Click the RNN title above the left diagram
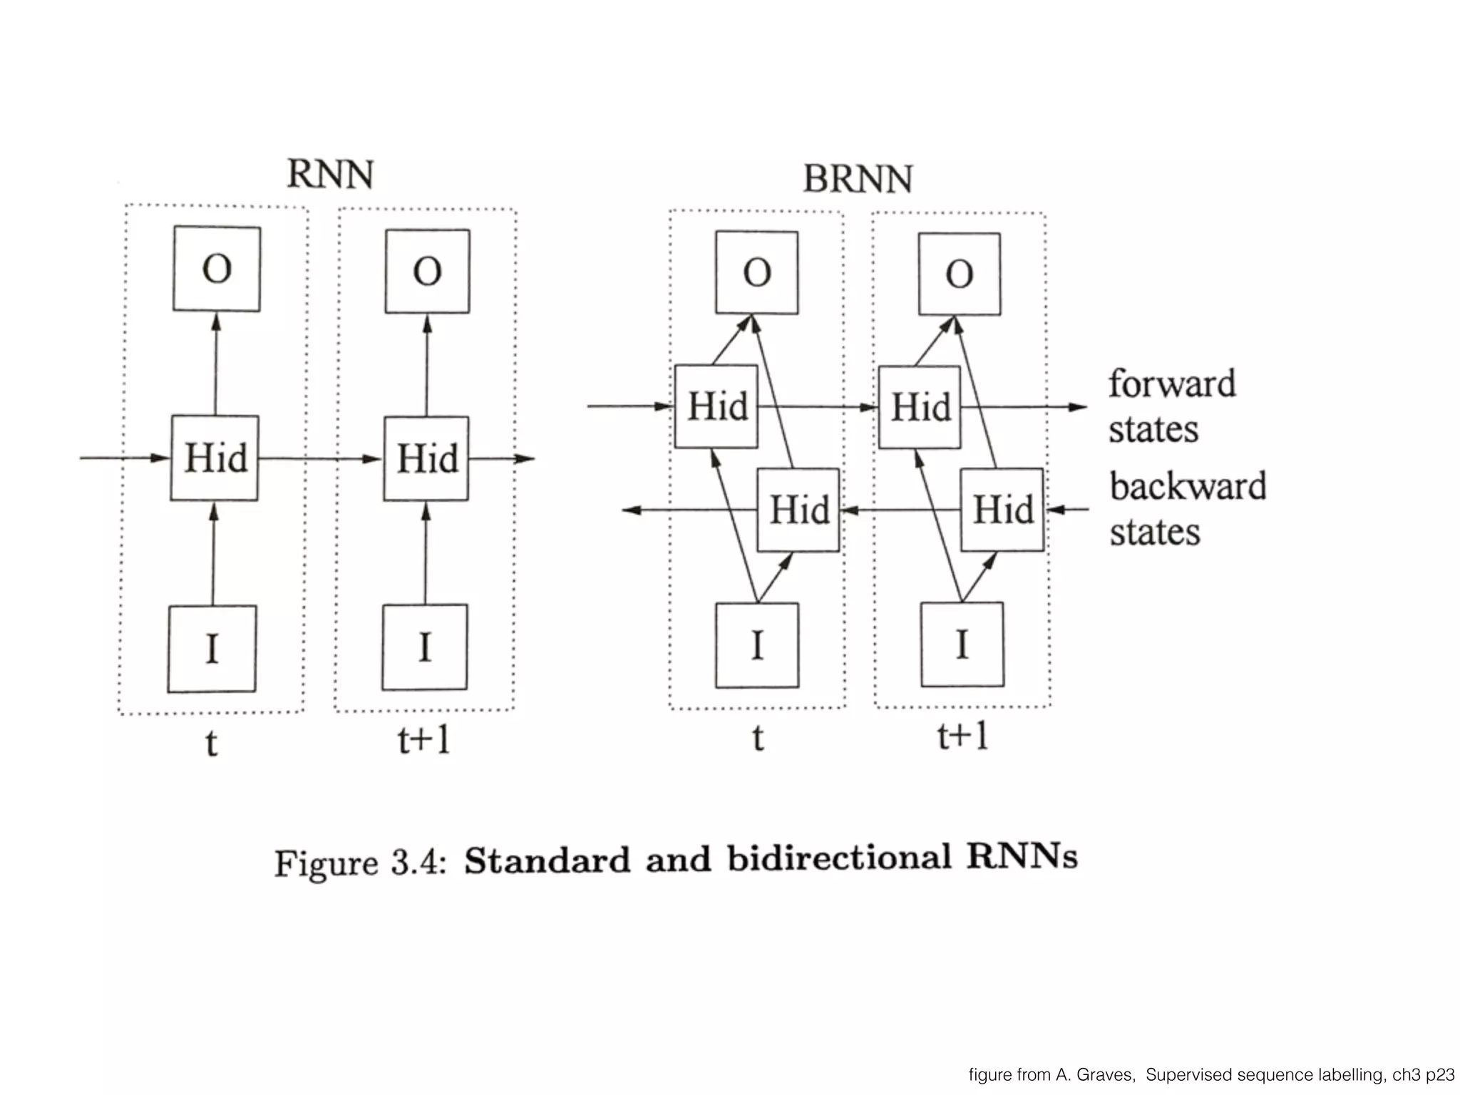tap(330, 174)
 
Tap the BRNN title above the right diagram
tap(858, 178)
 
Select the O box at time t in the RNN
tap(217, 269)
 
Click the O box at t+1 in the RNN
tap(427, 271)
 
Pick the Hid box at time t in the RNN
tap(215, 458)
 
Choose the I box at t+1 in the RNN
tap(425, 647)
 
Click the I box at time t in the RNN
tap(212, 649)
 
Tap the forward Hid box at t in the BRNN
tap(716, 406)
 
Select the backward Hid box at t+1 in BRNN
tap(1002, 510)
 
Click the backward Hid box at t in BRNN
tap(798, 510)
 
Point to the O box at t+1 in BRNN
tap(960, 274)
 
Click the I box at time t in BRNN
tap(757, 645)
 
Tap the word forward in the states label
tap(1171, 384)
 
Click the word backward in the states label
tap(1188, 486)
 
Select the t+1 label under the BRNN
tap(962, 736)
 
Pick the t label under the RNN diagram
tap(211, 743)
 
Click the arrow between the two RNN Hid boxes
tap(321, 458)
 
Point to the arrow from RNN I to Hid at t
tap(213, 553)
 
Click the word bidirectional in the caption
tap(839, 858)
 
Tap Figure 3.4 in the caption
tap(360, 863)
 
